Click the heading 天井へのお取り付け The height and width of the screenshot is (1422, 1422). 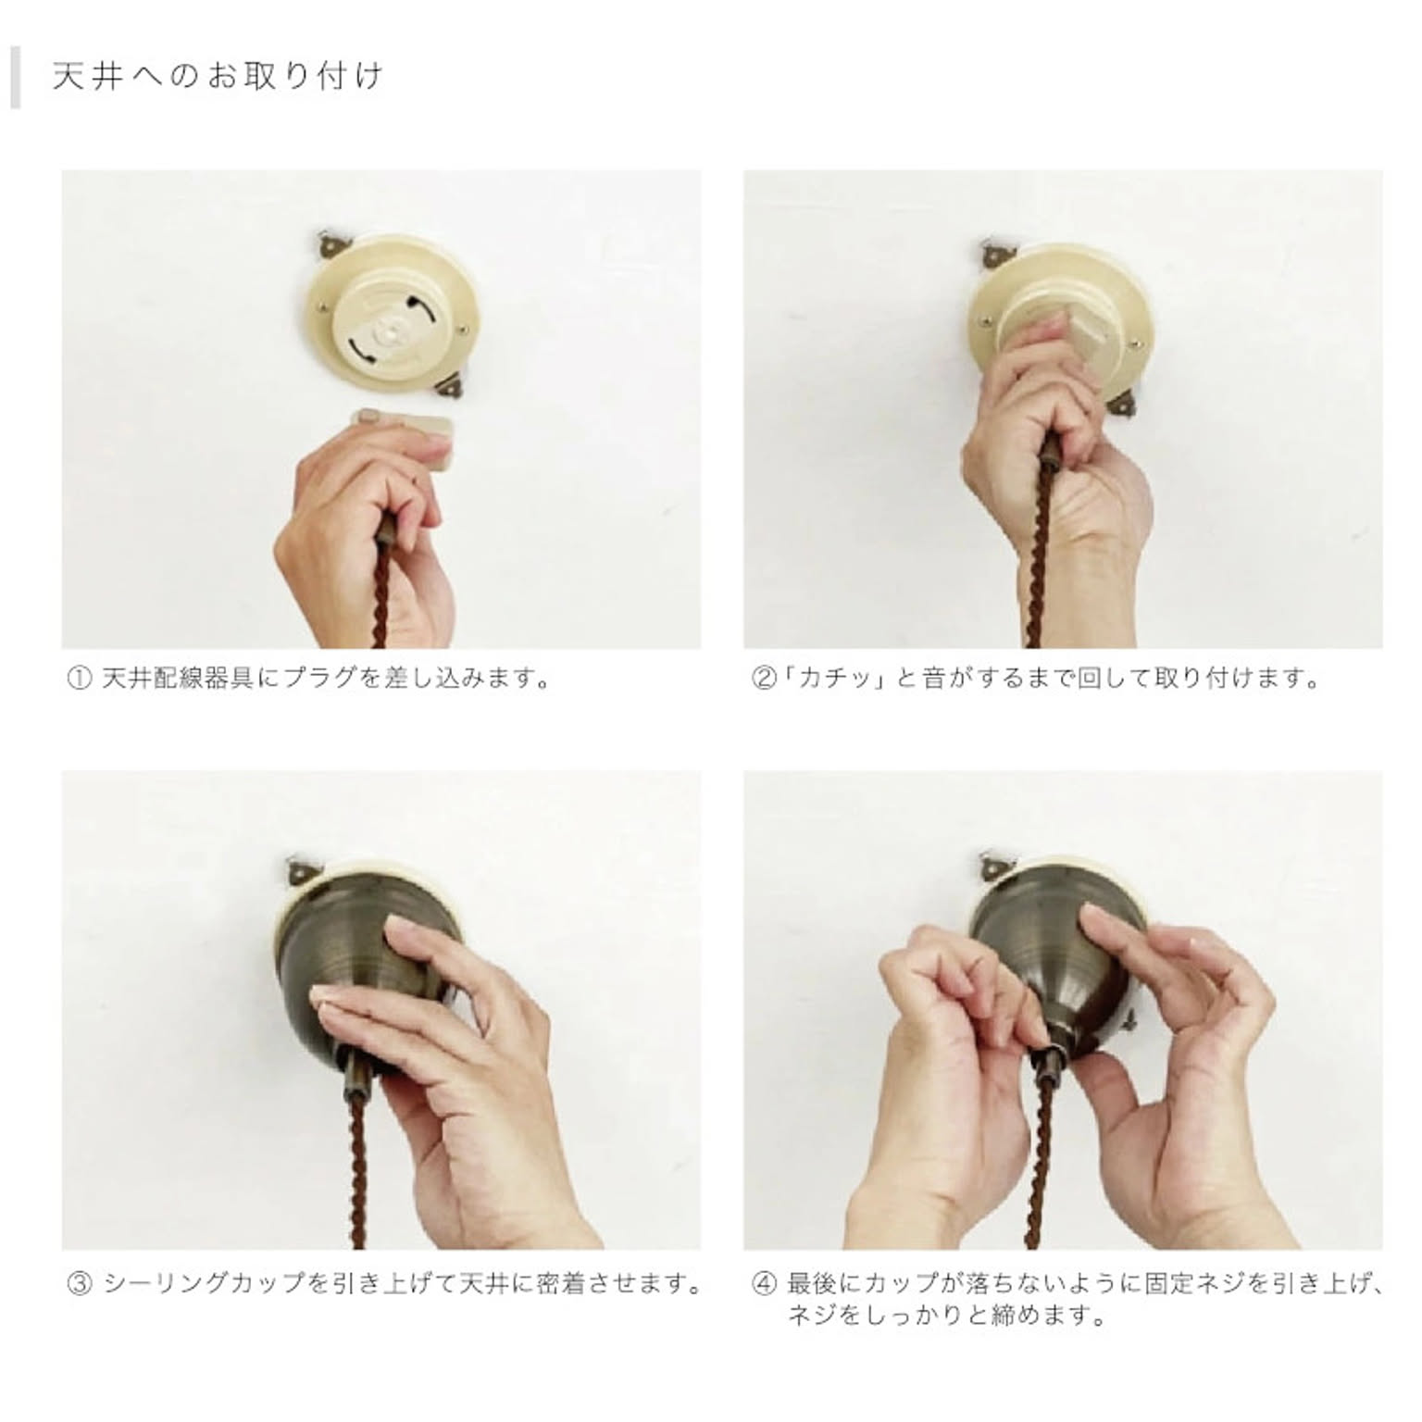pos(217,76)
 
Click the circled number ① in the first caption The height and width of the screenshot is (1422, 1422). pos(80,680)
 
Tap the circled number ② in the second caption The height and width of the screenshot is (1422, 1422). pos(762,680)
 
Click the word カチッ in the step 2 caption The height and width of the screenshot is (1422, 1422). pos(829,680)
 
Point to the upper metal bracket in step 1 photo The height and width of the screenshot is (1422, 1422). pos(331,244)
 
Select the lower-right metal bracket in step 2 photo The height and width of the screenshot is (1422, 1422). pos(1123,401)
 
